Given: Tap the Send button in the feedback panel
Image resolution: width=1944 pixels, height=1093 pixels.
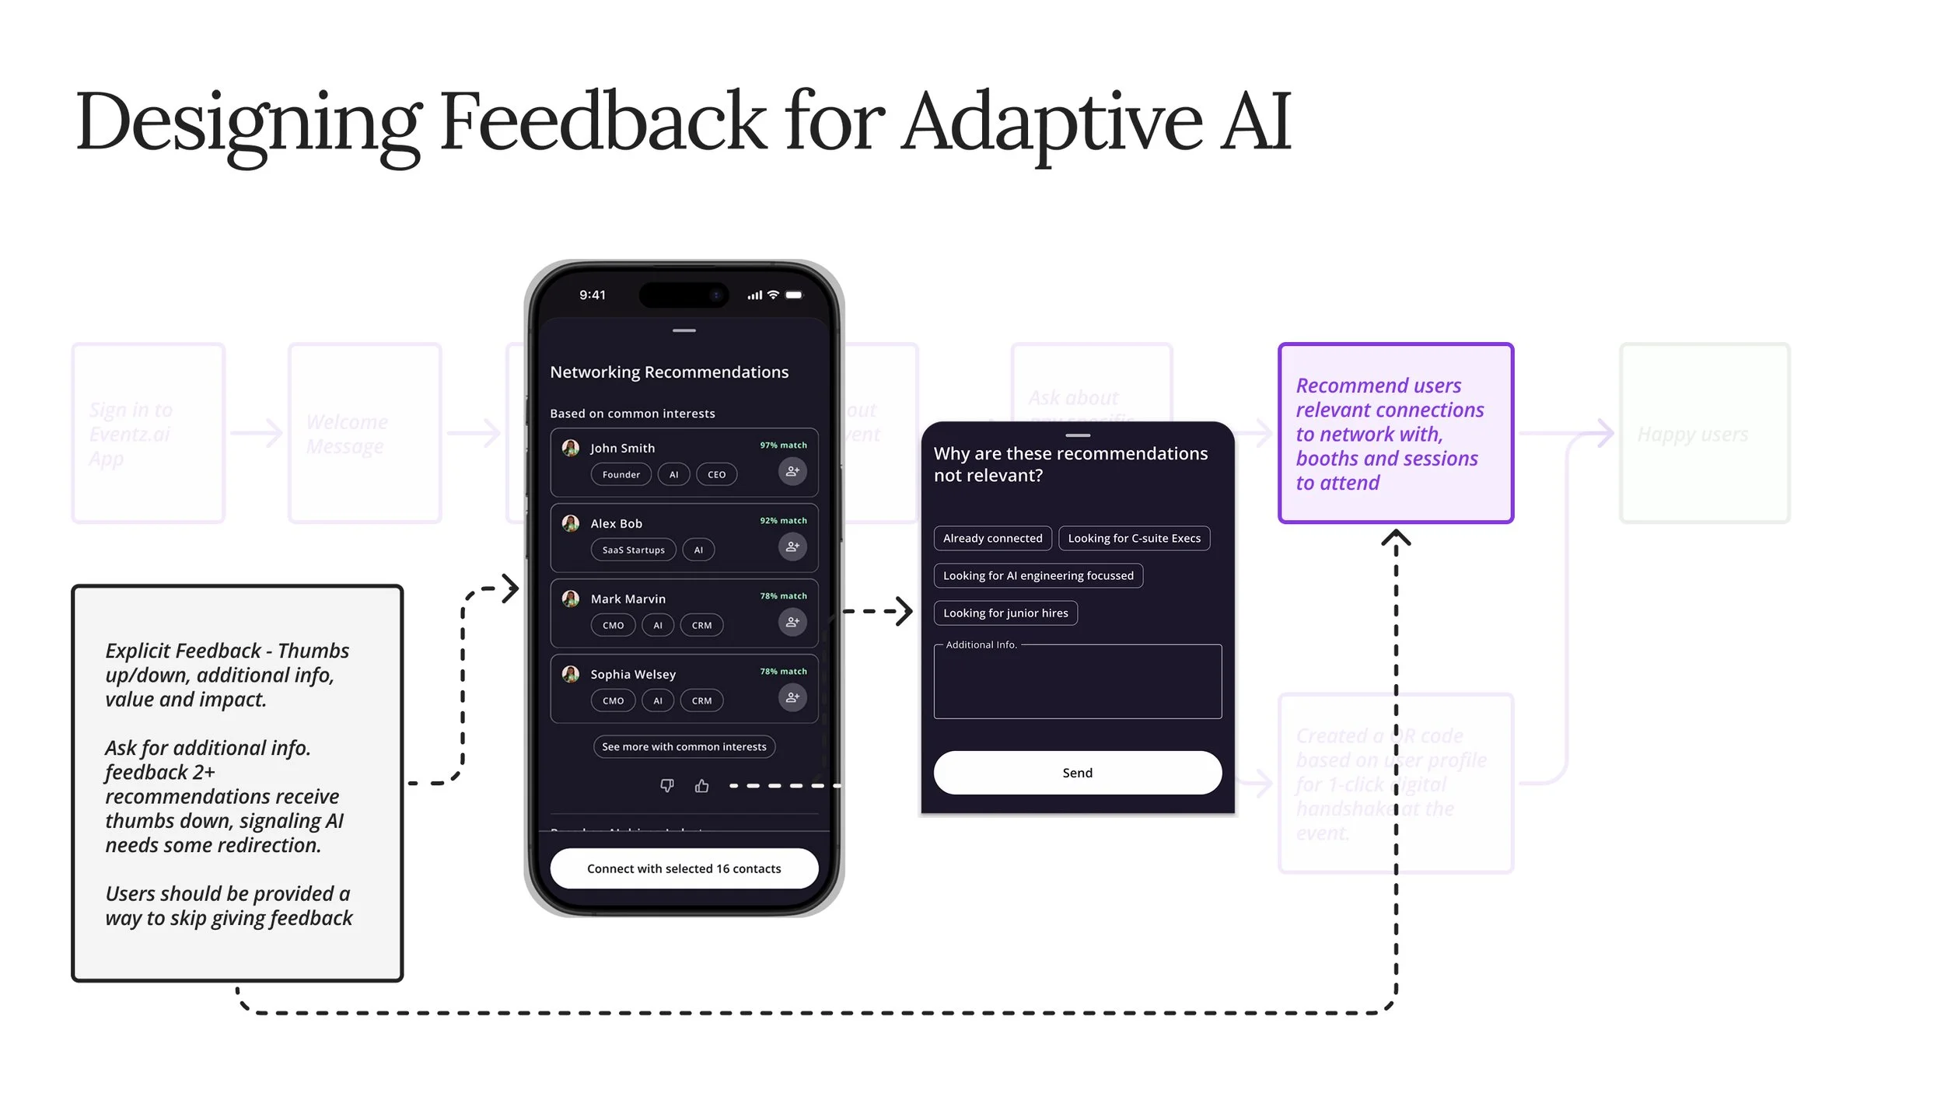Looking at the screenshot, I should pos(1077,772).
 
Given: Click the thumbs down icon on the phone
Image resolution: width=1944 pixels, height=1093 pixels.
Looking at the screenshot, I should pos(667,785).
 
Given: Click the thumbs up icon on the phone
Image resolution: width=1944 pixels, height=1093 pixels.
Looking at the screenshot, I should pos(701,785).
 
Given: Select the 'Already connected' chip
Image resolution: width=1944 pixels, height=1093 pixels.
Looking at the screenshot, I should pos(992,538).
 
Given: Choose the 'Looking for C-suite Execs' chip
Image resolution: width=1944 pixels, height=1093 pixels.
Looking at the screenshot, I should pos(1134,538).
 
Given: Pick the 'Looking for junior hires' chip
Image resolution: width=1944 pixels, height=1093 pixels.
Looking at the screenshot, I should pos(1005,613).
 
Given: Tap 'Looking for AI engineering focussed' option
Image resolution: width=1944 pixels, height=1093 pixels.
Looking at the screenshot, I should pos(1038,575).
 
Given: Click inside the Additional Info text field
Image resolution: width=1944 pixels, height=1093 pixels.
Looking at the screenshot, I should pos(1077,684).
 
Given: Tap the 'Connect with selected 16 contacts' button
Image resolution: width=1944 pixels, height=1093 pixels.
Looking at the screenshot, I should pos(684,868).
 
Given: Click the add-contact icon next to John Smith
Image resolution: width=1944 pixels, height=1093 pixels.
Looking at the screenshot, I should pos(792,471).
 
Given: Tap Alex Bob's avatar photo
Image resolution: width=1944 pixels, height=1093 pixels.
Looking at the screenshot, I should pos(571,523).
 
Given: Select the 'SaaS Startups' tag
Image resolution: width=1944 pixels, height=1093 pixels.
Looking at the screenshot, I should pos(633,550).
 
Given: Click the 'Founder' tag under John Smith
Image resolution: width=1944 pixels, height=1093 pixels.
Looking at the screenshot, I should pos(621,474).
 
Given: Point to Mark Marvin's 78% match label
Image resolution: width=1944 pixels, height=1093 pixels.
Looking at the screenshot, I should pos(783,596).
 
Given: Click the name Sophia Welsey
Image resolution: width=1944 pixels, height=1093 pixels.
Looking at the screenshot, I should pos(633,674).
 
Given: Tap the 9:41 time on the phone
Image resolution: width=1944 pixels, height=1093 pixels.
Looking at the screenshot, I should pos(593,295).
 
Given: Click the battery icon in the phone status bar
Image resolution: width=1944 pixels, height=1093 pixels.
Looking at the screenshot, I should pos(794,295).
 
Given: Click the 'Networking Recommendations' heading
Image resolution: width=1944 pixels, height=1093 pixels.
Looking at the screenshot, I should pos(669,372).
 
